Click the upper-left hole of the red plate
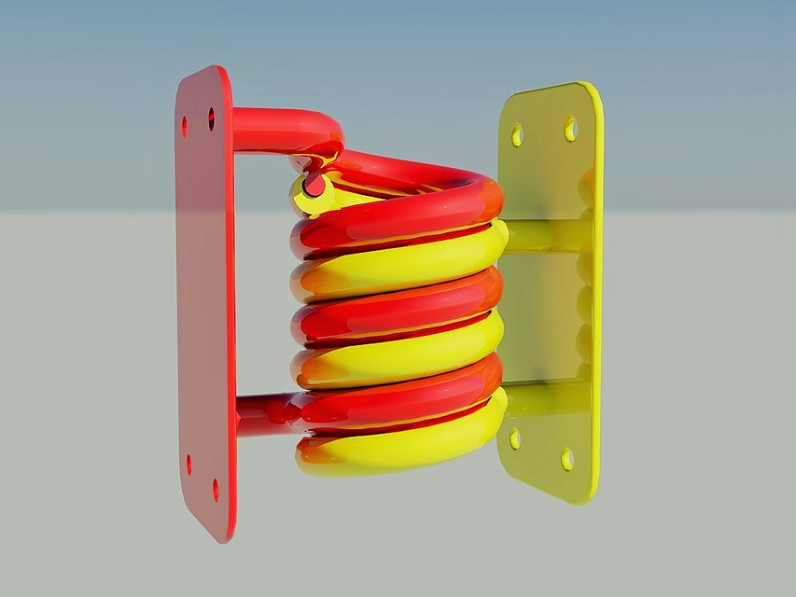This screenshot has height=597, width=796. (x=184, y=126)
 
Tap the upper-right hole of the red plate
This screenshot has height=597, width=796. (x=211, y=118)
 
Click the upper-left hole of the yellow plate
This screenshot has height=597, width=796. (x=517, y=136)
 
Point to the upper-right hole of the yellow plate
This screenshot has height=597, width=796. (x=570, y=128)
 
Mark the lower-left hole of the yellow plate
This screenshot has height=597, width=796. (x=514, y=437)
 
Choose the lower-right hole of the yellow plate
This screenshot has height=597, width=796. (x=566, y=459)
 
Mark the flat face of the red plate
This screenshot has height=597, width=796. (x=205, y=298)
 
